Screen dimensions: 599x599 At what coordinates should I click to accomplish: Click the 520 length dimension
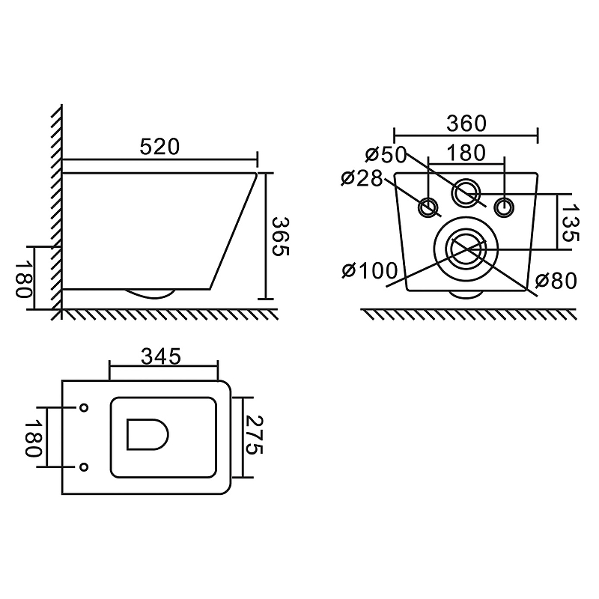[x=159, y=147]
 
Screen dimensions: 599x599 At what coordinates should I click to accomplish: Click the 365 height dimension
[x=281, y=237]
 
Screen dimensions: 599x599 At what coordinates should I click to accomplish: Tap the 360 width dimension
[x=466, y=124]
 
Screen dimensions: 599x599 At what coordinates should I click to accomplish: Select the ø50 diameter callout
[x=386, y=154]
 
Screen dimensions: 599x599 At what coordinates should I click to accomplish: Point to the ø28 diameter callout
[x=362, y=178]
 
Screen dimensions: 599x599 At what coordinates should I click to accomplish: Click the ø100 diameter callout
[x=370, y=271]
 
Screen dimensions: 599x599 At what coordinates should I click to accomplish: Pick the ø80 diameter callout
[x=556, y=282]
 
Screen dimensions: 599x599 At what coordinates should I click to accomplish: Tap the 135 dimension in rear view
[x=570, y=222]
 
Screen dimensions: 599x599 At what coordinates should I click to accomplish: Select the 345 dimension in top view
[x=161, y=357]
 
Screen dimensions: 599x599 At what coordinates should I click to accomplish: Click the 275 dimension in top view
[x=254, y=435]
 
